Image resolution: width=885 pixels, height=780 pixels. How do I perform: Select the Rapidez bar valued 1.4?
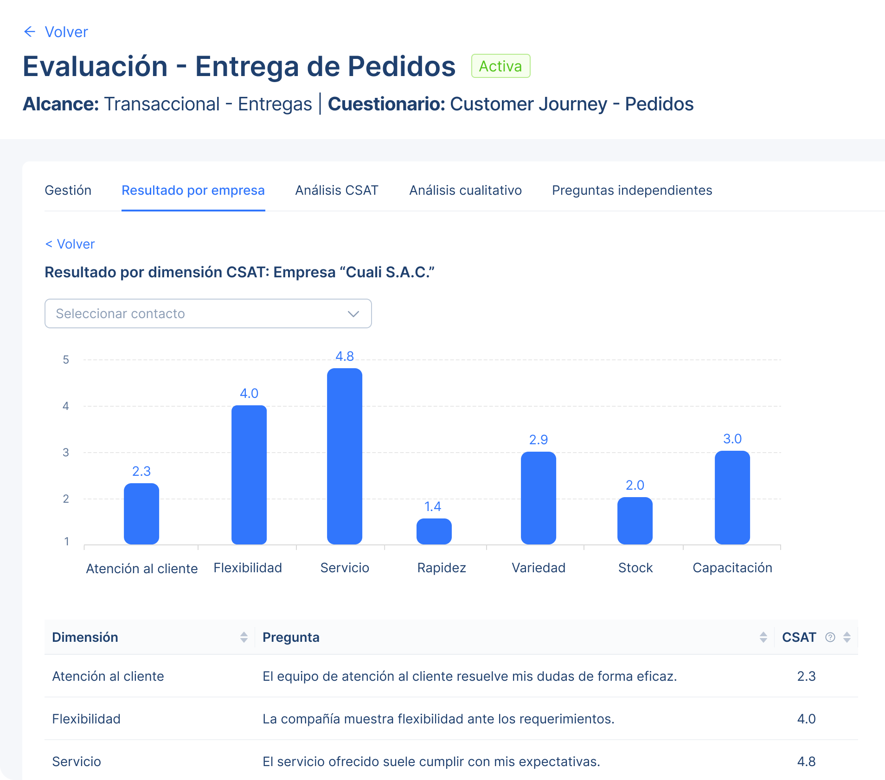pos(434,531)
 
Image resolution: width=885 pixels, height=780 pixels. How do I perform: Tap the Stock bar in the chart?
pos(635,520)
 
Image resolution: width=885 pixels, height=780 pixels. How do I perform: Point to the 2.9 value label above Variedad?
pos(538,440)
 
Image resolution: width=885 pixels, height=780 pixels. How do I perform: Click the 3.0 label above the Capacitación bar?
pos(732,439)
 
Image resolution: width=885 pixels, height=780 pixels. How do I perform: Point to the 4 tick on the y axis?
pos(66,406)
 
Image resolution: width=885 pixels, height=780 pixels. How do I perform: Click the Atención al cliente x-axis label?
pos(142,569)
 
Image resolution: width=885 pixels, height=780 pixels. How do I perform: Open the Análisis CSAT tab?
pos(337,190)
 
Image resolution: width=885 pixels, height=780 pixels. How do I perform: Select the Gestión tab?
pos(68,190)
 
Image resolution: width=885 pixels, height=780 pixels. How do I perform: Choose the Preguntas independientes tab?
pos(632,190)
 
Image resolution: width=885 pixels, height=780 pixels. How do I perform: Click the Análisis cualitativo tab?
pos(465,190)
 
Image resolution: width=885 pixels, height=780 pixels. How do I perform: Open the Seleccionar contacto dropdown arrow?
pos(353,314)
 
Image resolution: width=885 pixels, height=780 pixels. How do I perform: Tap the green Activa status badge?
pos(500,66)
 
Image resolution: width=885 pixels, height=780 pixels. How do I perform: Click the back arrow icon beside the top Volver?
pos(30,32)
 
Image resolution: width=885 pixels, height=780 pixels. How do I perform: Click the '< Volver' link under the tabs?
pos(70,244)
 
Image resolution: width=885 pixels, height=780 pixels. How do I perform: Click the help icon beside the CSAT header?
pos(830,637)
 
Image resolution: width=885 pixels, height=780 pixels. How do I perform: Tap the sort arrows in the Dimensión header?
pos(244,637)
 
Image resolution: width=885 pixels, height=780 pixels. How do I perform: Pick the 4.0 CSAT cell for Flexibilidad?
pos(806,719)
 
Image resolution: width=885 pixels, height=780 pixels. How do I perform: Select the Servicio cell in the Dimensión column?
pos(77,761)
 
